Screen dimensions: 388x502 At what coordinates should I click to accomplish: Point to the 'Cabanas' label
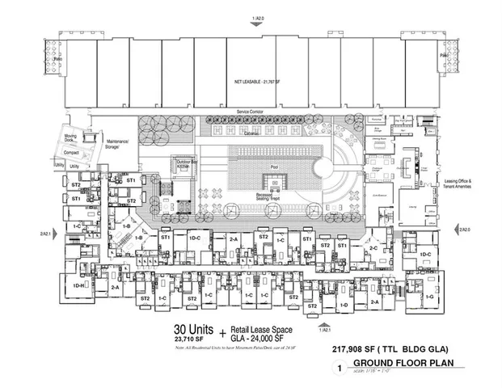coord(251,134)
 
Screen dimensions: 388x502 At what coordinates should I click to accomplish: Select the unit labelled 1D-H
coord(79,285)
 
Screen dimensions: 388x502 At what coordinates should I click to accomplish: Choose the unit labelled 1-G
coord(429,297)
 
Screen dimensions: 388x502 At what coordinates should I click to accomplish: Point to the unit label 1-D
coord(344,305)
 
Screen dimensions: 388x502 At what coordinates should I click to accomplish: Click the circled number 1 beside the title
coord(330,368)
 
